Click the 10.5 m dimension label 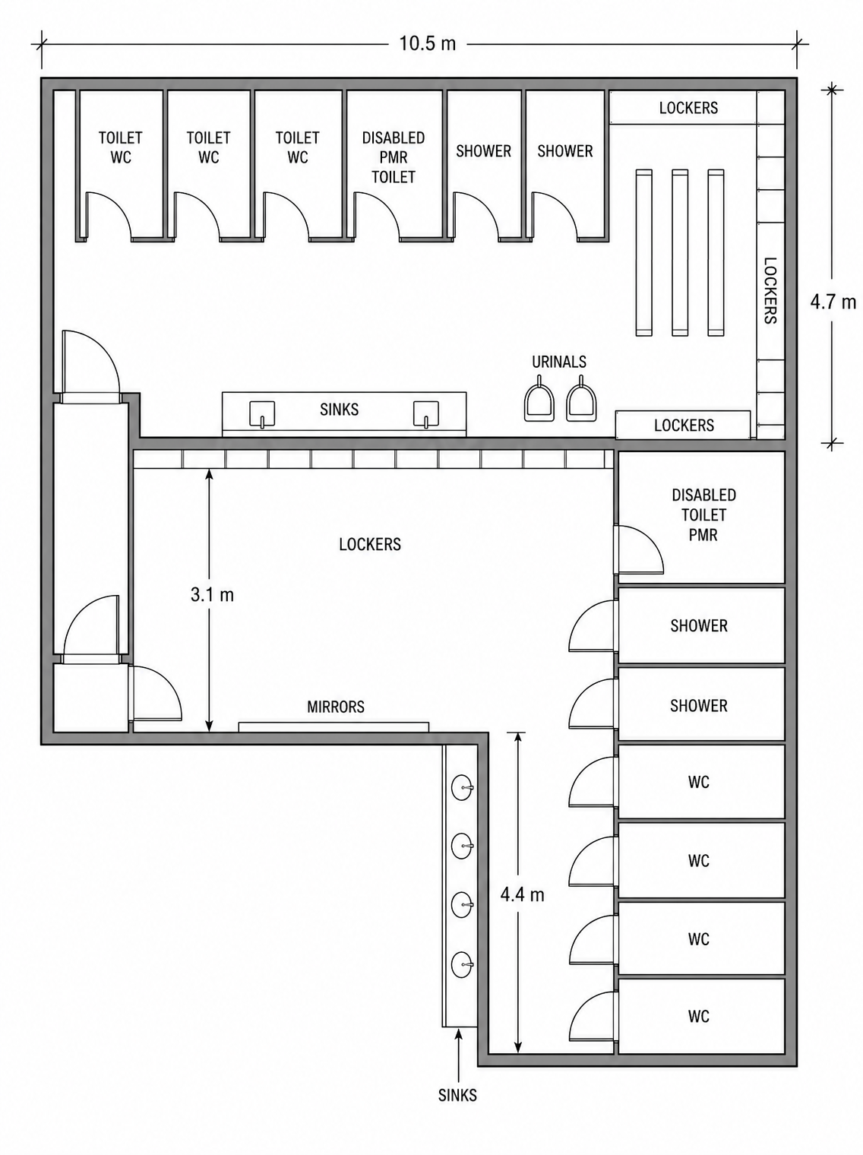pyautogui.click(x=428, y=43)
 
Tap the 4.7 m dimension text pyautogui.click(x=833, y=302)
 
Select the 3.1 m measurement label pyautogui.click(x=212, y=595)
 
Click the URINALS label pyautogui.click(x=559, y=362)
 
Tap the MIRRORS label pyautogui.click(x=336, y=707)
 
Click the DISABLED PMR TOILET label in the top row pyautogui.click(x=394, y=157)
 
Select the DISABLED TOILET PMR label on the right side pyautogui.click(x=703, y=514)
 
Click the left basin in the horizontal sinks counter pyautogui.click(x=262, y=414)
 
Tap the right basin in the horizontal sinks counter pyautogui.click(x=426, y=414)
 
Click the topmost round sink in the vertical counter pyautogui.click(x=462, y=788)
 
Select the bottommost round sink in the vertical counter pyautogui.click(x=462, y=965)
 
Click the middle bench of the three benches pyautogui.click(x=680, y=252)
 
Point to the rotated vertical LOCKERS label pyautogui.click(x=770, y=290)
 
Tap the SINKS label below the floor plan pyautogui.click(x=457, y=1096)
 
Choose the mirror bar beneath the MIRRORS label pyautogui.click(x=334, y=726)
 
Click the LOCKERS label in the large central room pyautogui.click(x=370, y=544)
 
